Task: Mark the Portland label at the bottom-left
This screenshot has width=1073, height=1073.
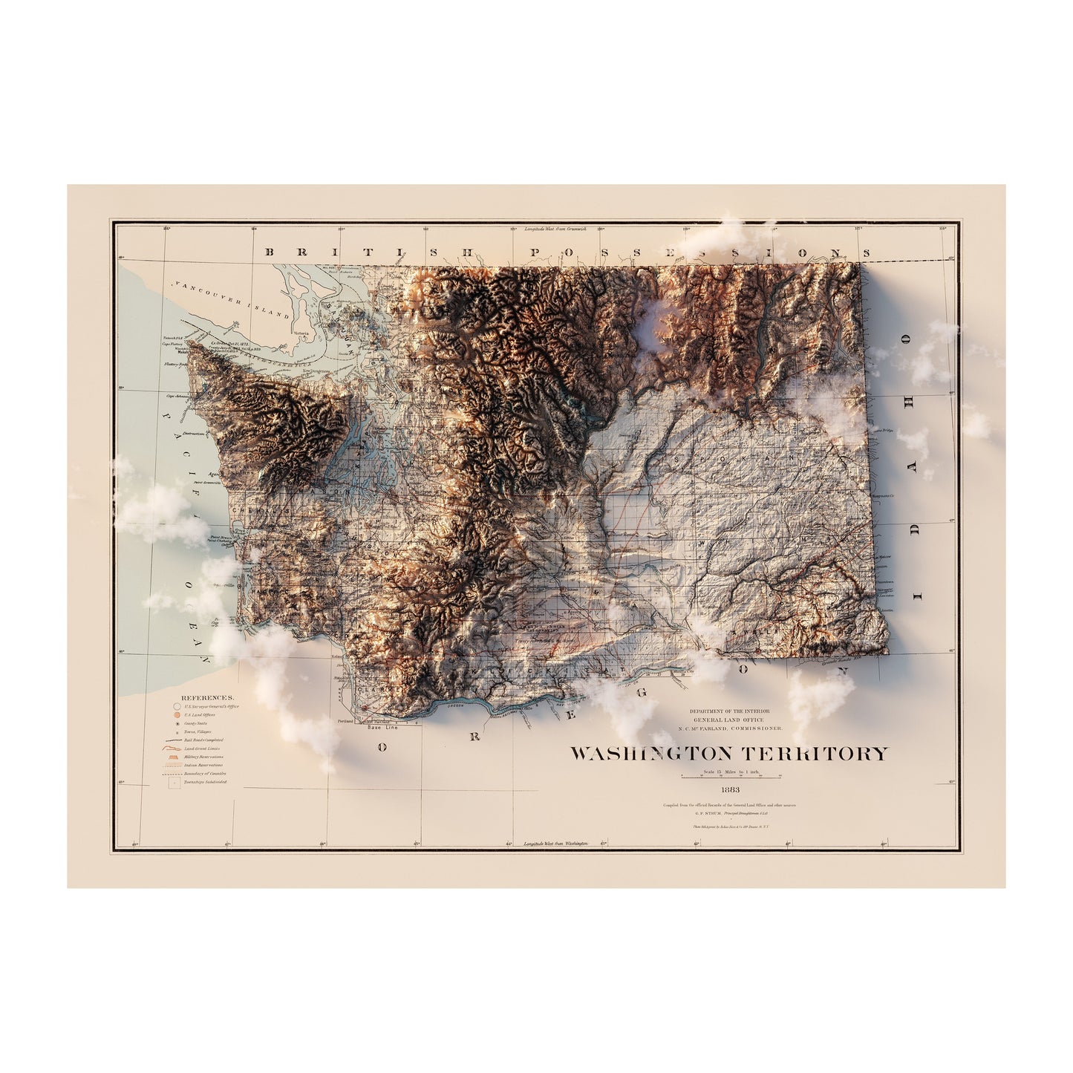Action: point(346,721)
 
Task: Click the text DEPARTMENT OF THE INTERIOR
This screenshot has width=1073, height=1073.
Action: point(731,711)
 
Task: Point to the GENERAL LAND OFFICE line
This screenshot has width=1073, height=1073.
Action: point(731,720)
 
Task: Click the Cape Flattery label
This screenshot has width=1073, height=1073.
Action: point(175,344)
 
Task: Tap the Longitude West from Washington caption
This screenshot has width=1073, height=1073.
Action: point(555,844)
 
